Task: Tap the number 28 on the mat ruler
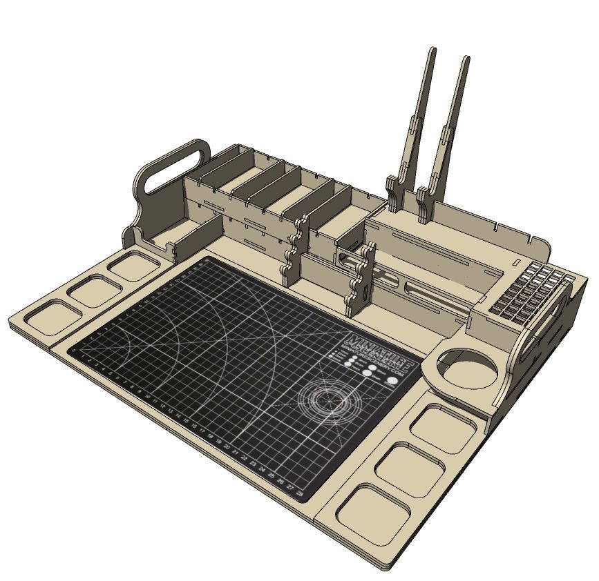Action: point(300,495)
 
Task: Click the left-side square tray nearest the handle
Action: point(133,266)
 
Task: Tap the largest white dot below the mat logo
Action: point(392,380)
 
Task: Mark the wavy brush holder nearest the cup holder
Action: point(361,276)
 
